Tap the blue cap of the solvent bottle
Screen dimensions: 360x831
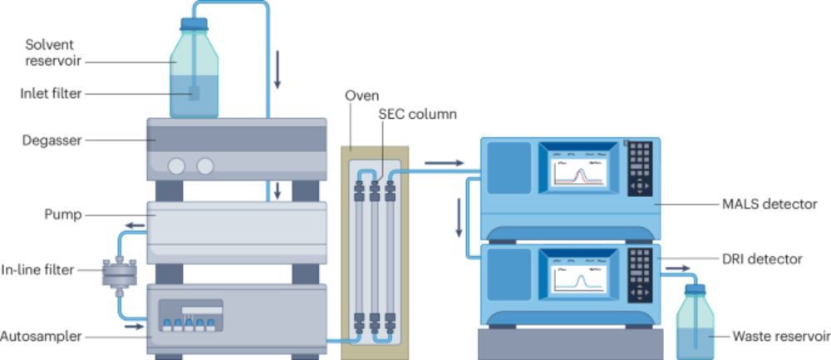click(x=194, y=24)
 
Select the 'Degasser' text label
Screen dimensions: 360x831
click(x=52, y=141)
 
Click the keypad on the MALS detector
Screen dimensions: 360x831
click(x=639, y=166)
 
